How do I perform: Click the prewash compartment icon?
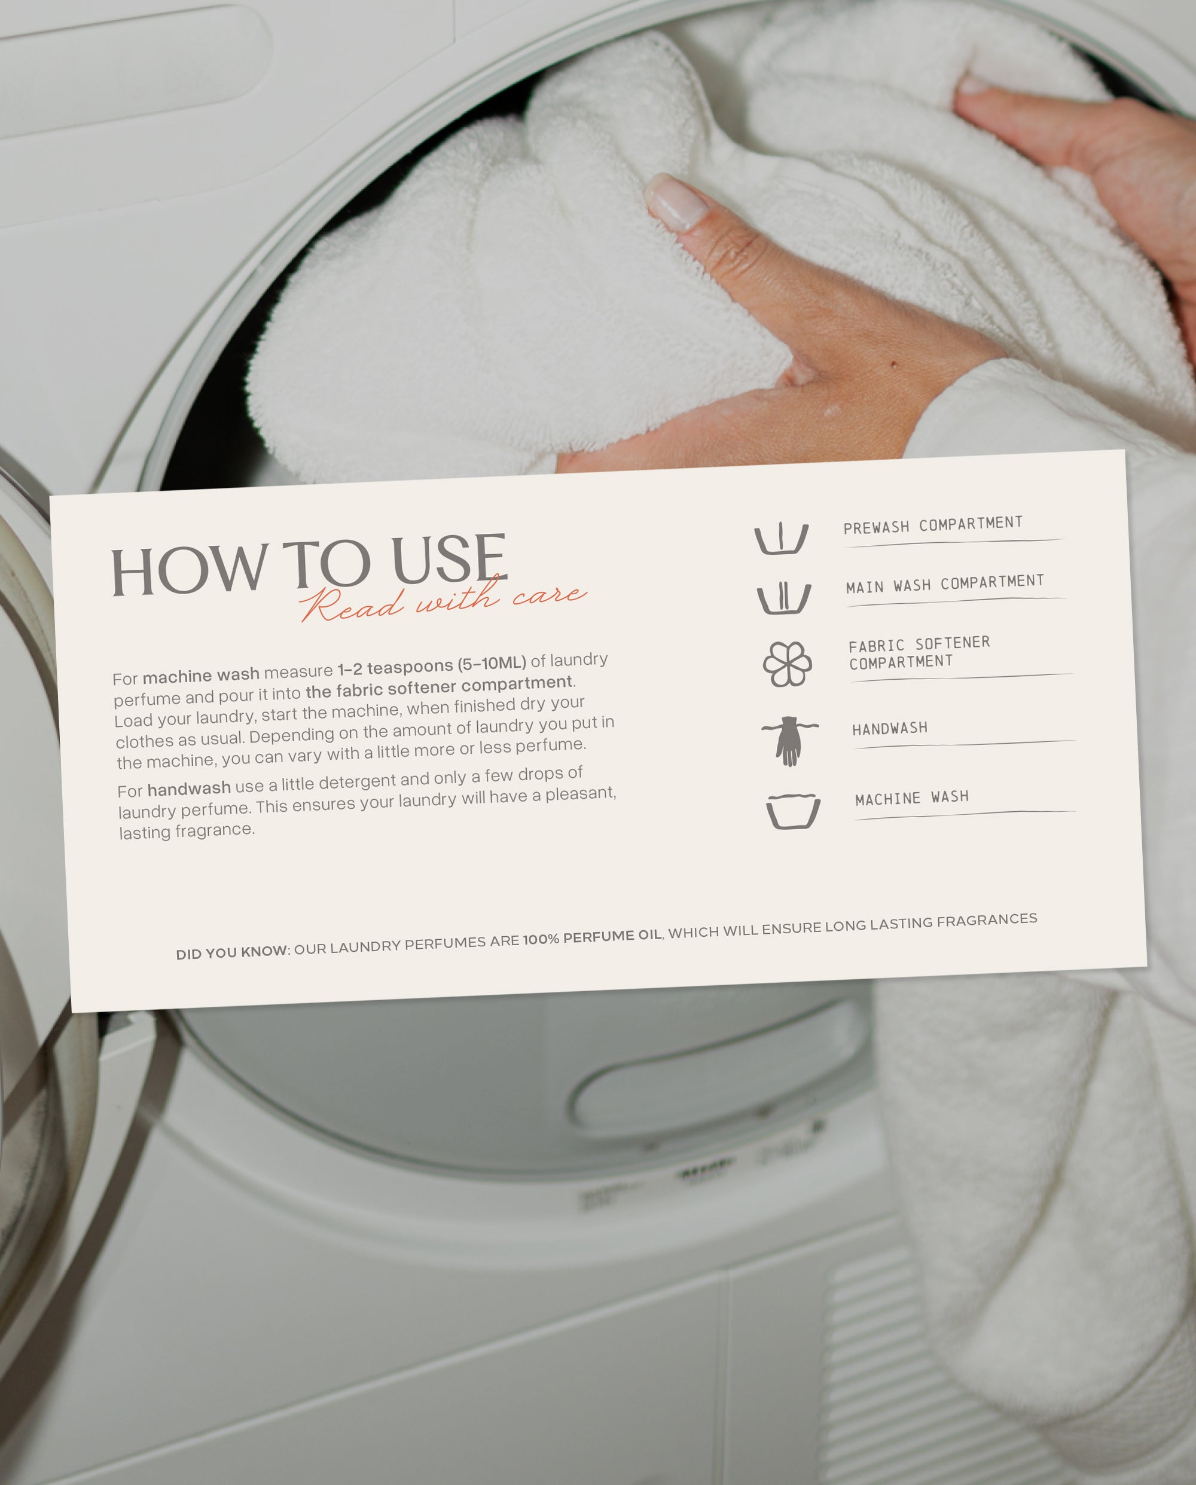[780, 538]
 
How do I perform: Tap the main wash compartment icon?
[783, 597]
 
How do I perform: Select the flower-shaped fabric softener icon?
[787, 664]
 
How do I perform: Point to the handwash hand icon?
[789, 741]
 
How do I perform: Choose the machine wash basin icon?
[793, 811]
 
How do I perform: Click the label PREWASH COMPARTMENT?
[933, 525]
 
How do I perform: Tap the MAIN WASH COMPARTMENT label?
[945, 584]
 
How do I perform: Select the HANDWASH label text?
[889, 729]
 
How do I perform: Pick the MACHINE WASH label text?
[912, 798]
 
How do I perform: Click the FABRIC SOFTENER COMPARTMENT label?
[920, 653]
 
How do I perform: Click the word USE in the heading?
[450, 560]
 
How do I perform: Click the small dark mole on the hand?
[893, 363]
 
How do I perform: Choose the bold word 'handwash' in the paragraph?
[189, 789]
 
